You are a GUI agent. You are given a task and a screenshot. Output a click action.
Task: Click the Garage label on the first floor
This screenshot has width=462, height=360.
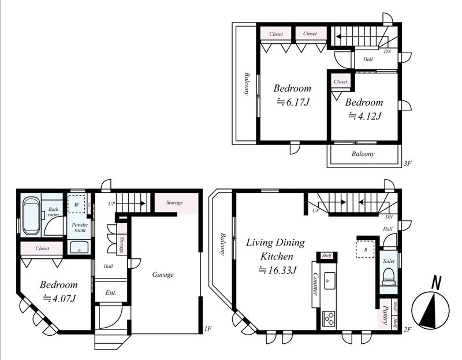(x=163, y=275)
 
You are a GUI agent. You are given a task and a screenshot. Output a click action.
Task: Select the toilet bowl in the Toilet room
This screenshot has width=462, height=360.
(x=388, y=277)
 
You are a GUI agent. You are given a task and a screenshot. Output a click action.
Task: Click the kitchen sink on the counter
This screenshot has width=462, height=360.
(x=329, y=281)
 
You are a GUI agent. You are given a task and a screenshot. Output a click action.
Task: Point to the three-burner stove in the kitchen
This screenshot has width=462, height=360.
(x=329, y=318)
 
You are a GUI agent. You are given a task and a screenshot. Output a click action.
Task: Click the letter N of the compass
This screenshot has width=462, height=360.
(x=437, y=283)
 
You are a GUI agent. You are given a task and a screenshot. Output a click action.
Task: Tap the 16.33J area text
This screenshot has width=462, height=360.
(x=277, y=270)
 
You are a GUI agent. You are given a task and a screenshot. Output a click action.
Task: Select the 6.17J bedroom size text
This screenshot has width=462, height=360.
(x=293, y=102)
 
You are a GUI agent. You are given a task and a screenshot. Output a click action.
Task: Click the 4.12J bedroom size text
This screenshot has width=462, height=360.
(x=365, y=116)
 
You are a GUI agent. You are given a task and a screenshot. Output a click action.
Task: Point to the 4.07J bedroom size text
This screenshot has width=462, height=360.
(x=60, y=298)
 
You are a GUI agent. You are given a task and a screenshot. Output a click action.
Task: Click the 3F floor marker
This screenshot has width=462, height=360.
(x=407, y=164)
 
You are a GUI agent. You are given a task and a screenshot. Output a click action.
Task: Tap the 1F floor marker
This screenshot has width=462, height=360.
(x=208, y=328)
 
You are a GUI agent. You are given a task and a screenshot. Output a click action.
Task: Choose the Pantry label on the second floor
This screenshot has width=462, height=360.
(x=385, y=315)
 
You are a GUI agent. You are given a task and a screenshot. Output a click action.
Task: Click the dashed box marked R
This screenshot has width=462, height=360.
(x=366, y=250)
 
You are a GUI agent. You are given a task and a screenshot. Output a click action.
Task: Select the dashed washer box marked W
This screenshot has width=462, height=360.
(x=76, y=203)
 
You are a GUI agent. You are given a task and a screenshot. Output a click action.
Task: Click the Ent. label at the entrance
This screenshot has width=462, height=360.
(x=111, y=293)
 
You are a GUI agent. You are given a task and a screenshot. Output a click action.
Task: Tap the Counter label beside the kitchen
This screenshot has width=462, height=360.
(x=315, y=284)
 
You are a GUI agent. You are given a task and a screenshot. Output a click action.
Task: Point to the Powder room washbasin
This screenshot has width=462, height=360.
(x=79, y=247)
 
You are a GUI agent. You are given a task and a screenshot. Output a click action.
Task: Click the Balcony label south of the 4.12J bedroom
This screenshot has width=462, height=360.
(x=363, y=154)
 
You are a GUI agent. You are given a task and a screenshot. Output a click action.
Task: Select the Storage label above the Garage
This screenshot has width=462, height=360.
(x=174, y=203)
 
